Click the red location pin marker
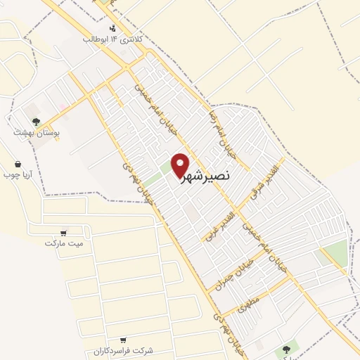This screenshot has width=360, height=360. (181, 165)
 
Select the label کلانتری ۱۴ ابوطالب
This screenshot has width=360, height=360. (113, 39)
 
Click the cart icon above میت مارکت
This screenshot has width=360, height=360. (64, 232)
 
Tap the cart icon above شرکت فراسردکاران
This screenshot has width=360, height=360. (124, 340)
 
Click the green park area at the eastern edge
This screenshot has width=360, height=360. (337, 252)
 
